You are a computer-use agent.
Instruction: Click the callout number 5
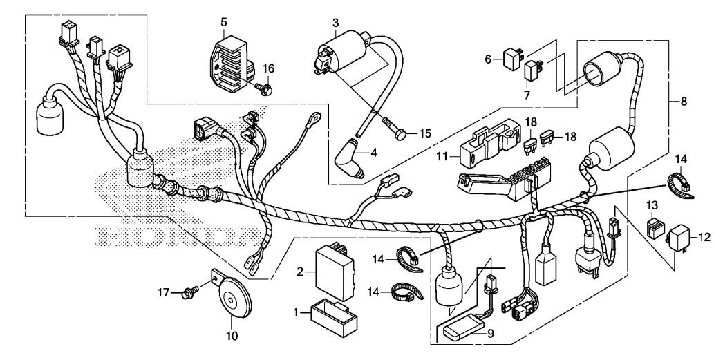tap(223, 21)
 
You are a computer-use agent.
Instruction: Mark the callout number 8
tap(683, 101)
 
